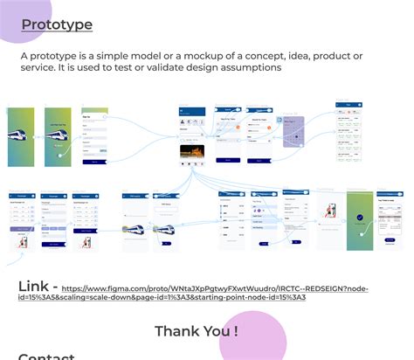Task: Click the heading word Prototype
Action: pyautogui.click(x=57, y=25)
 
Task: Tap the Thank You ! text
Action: pyautogui.click(x=197, y=331)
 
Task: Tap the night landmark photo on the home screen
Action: pyautogui.click(x=192, y=154)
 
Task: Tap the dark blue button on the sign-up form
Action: pyautogui.click(x=93, y=161)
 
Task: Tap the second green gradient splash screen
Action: pyautogui.click(x=58, y=136)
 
